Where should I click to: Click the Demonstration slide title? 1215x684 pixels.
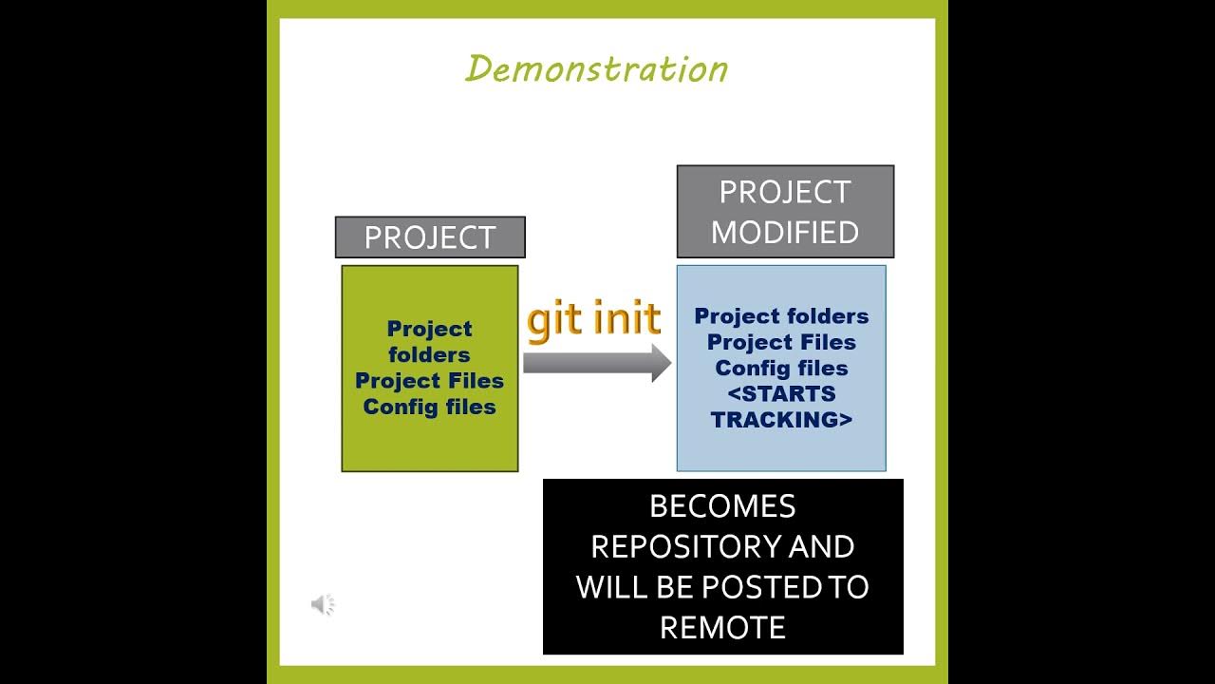point(596,69)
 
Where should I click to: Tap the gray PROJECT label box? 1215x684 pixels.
point(430,237)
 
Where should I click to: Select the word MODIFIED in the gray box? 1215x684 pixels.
point(785,233)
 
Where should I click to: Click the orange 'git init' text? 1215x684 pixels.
point(593,319)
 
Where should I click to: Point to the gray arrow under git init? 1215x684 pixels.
point(597,363)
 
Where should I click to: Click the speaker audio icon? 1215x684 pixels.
point(323,604)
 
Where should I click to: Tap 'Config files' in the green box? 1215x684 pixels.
point(429,407)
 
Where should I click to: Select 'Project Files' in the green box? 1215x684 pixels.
point(429,381)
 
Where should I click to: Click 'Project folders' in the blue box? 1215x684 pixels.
point(781,316)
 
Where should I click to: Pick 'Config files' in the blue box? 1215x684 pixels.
point(781,368)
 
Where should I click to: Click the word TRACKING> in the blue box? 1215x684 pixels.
point(781,419)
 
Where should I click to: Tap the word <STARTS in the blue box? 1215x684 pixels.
point(781,393)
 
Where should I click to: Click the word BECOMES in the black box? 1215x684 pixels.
point(722,506)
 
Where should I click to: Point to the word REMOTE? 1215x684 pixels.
point(722,628)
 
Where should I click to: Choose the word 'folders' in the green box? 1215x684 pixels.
point(429,355)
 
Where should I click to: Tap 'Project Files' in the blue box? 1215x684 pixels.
point(781,342)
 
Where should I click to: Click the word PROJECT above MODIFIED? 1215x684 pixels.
point(785,192)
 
